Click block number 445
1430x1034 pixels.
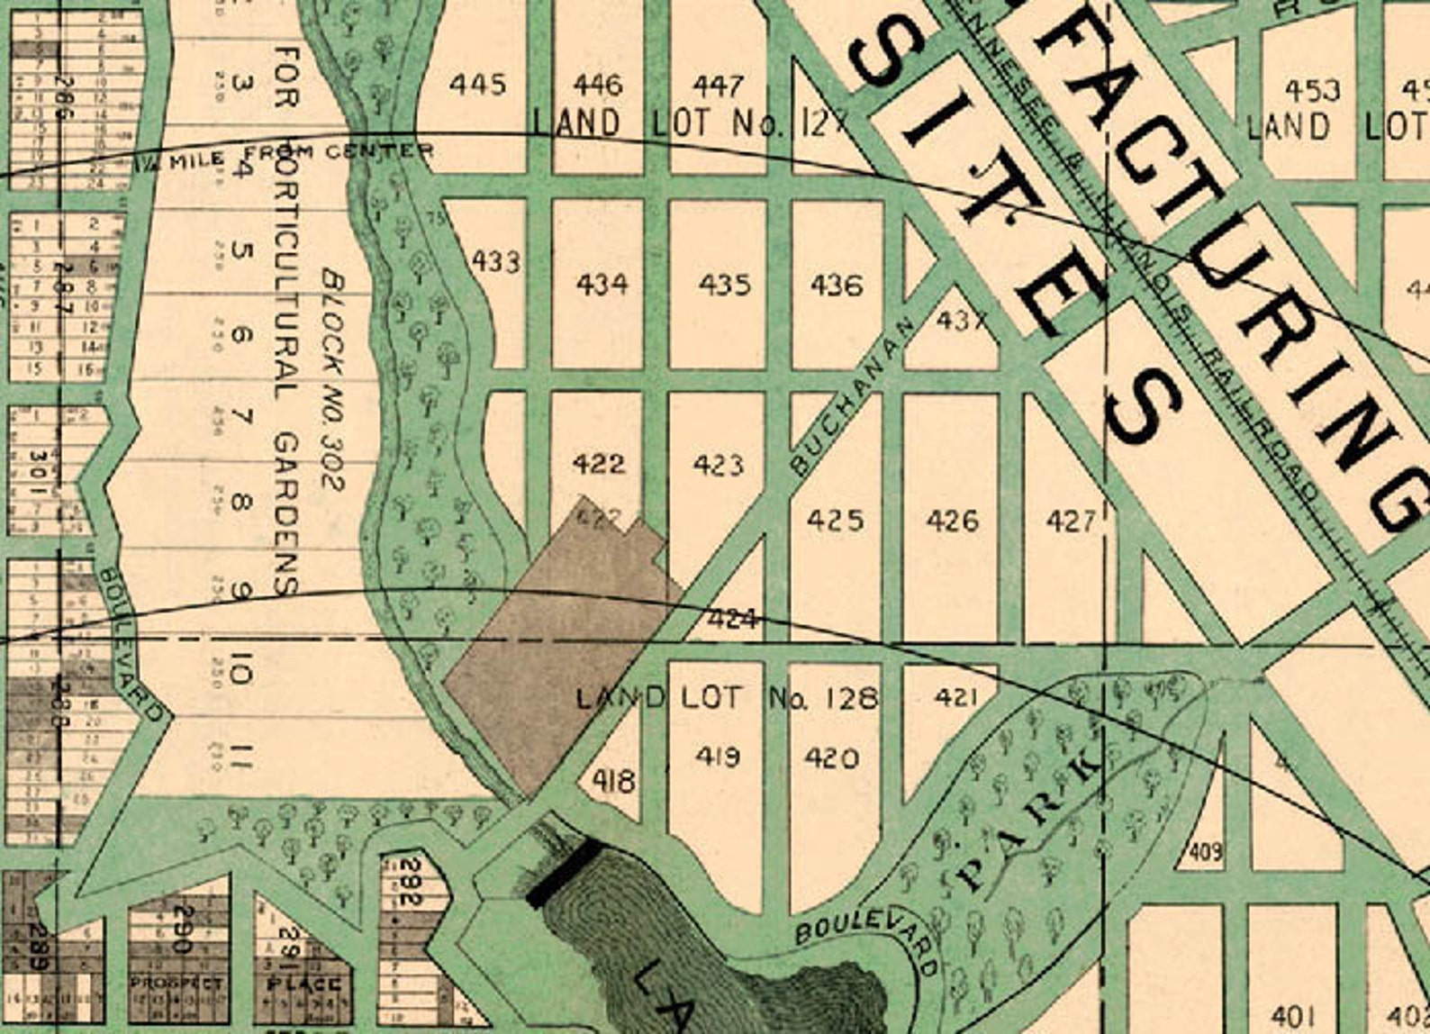pos(477,86)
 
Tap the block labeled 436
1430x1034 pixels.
pos(836,286)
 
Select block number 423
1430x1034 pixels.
pos(718,465)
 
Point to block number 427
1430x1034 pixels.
pos(1070,521)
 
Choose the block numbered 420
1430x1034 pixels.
pos(830,757)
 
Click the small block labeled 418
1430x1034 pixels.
pos(614,780)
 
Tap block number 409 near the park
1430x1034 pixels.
pos(1206,850)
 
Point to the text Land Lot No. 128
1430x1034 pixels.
pos(726,697)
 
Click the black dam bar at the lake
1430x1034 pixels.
pos(563,872)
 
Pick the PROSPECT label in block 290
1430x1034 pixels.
pos(176,983)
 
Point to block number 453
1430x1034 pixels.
pos(1312,90)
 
